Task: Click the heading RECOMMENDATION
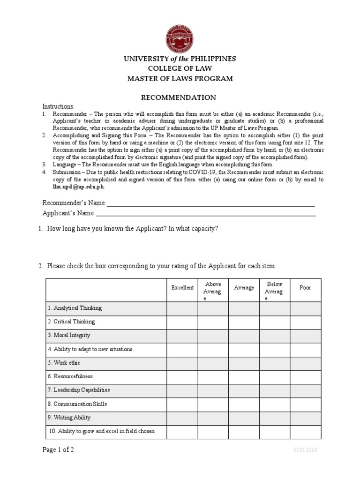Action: point(180,97)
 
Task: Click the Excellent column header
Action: point(182,288)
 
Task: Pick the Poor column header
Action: point(305,288)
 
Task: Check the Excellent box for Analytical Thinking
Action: point(182,308)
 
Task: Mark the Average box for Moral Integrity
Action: point(244,336)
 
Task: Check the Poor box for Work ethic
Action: point(305,363)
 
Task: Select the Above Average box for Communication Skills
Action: point(213,404)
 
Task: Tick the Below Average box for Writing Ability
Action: point(274,418)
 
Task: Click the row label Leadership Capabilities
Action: point(78,390)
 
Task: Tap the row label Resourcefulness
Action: point(70,376)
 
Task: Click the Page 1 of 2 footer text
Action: point(58,450)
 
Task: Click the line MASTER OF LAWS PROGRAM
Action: point(180,79)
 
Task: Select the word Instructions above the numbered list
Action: point(58,106)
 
